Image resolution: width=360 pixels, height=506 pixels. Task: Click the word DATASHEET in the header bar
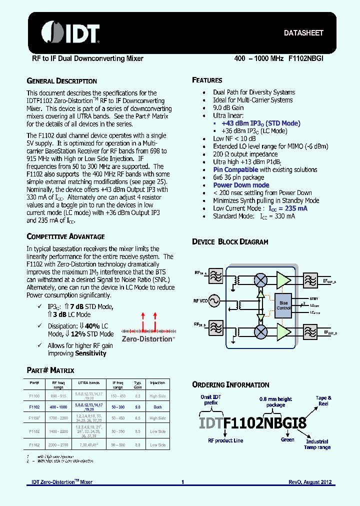coord(303,33)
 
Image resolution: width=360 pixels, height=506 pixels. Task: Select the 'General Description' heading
coord(61,81)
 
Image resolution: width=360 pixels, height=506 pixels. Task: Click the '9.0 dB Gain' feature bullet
coord(228,107)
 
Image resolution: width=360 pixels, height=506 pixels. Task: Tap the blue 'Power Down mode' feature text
coord(241,185)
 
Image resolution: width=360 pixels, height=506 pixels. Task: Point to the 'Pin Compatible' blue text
coord(235,169)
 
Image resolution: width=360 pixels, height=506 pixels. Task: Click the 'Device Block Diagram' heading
coord(230,242)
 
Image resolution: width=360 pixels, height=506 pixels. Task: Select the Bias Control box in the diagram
coord(283,305)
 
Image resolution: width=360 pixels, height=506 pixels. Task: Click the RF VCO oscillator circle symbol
coord(215,301)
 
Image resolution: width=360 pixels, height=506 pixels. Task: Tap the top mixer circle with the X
coord(260,278)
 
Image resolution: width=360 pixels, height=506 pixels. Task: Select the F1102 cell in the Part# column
coord(34,407)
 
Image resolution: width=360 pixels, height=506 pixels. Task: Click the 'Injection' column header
coord(157,383)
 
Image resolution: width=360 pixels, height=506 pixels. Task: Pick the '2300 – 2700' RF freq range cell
coord(58,444)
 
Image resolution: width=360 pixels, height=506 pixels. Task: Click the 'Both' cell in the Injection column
coord(157,407)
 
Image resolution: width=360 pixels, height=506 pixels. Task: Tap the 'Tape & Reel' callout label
coord(323,400)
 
